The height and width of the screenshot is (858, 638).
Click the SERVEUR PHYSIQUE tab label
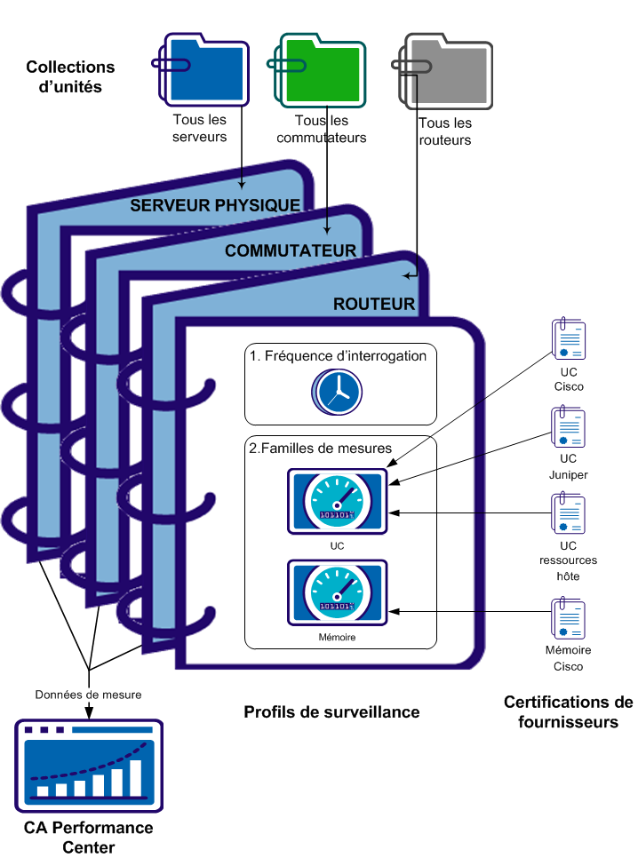(x=215, y=205)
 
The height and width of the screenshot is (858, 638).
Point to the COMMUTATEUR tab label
(x=291, y=250)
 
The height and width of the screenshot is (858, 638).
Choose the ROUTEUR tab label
(x=374, y=304)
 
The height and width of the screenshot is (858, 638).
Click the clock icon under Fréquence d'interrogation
(x=338, y=391)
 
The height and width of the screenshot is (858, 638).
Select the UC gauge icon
(x=337, y=501)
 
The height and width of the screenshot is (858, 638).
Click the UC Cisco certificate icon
(x=569, y=341)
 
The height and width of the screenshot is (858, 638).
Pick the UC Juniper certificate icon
(x=569, y=428)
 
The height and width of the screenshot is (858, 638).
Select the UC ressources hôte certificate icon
(x=569, y=513)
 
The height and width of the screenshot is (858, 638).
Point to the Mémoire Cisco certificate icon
(x=569, y=618)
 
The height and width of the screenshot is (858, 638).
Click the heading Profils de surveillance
(x=331, y=712)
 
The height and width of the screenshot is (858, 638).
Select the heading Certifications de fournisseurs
(x=568, y=712)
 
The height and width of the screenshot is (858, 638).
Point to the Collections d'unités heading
(x=70, y=76)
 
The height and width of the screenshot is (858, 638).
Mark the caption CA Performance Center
(x=88, y=838)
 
